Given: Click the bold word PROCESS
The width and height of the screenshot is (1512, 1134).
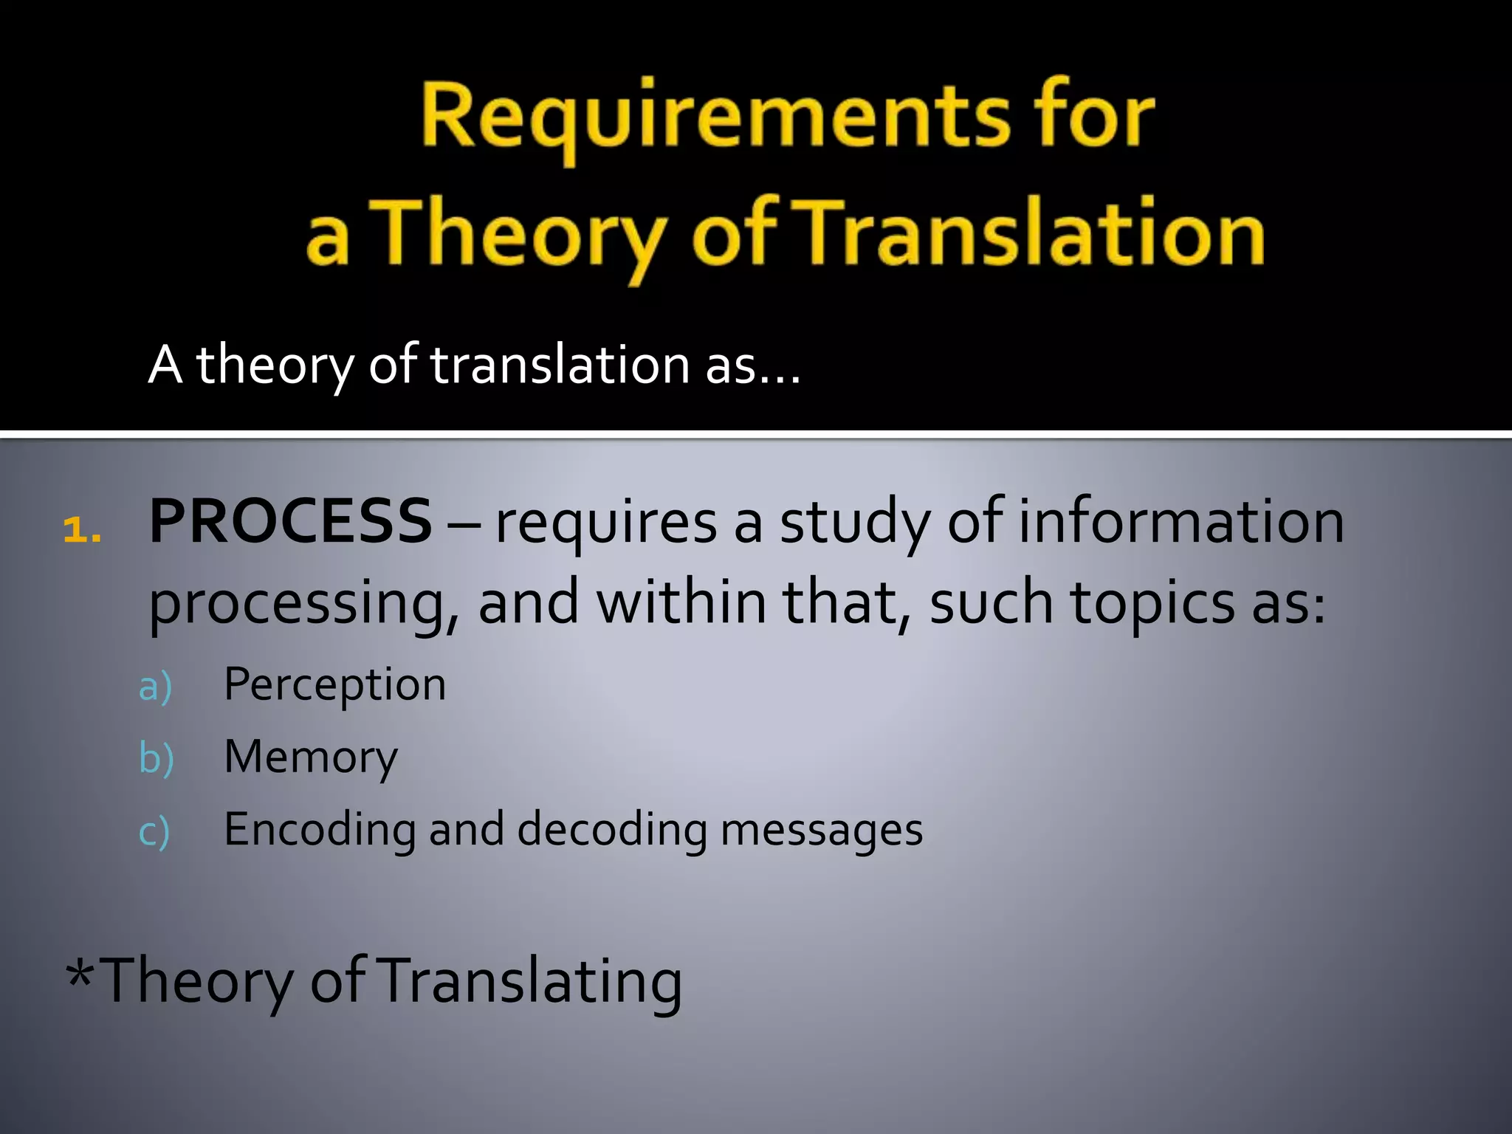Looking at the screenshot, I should (x=290, y=521).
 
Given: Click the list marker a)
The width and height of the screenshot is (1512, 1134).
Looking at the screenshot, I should (x=156, y=687).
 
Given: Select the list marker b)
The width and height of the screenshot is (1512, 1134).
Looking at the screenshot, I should (x=157, y=758).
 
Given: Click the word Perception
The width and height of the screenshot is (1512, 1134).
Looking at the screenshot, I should (x=334, y=685).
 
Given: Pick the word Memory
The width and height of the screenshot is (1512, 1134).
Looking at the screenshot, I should (x=311, y=757).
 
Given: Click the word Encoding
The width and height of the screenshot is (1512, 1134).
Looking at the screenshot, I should (x=319, y=830).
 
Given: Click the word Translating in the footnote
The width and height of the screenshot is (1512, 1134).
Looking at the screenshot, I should (x=532, y=981).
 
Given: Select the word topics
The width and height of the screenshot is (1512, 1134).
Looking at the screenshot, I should (x=1152, y=602).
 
